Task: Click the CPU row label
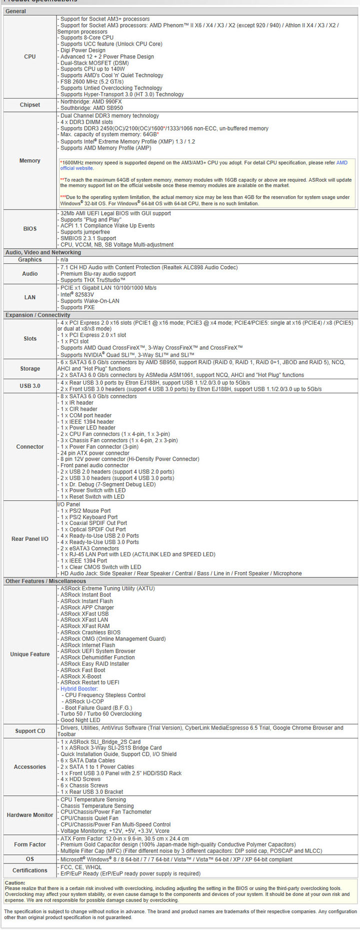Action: click(30, 57)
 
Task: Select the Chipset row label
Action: click(30, 105)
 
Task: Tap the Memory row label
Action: click(30, 161)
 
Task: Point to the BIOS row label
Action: click(30, 229)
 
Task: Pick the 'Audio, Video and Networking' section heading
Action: click(43, 253)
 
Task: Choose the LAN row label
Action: click(30, 297)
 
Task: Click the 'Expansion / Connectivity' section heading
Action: click(38, 315)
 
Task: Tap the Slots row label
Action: click(30, 339)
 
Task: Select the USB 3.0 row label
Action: click(30, 386)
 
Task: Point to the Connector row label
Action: click(30, 447)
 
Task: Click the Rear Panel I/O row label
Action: click(30, 539)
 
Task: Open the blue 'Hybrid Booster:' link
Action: click(79, 689)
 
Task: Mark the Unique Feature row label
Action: click(30, 654)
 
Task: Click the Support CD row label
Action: click(30, 731)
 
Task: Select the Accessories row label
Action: click(30, 767)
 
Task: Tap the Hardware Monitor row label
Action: click(30, 815)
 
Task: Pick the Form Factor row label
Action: click(30, 844)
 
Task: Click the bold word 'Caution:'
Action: click(15, 883)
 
